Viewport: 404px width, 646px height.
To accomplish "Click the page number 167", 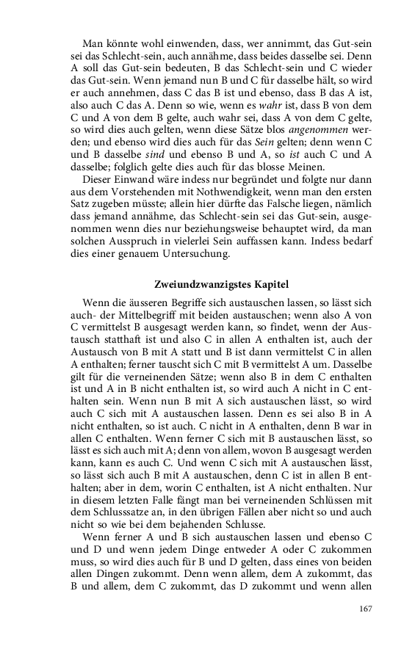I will tap(364, 609).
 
